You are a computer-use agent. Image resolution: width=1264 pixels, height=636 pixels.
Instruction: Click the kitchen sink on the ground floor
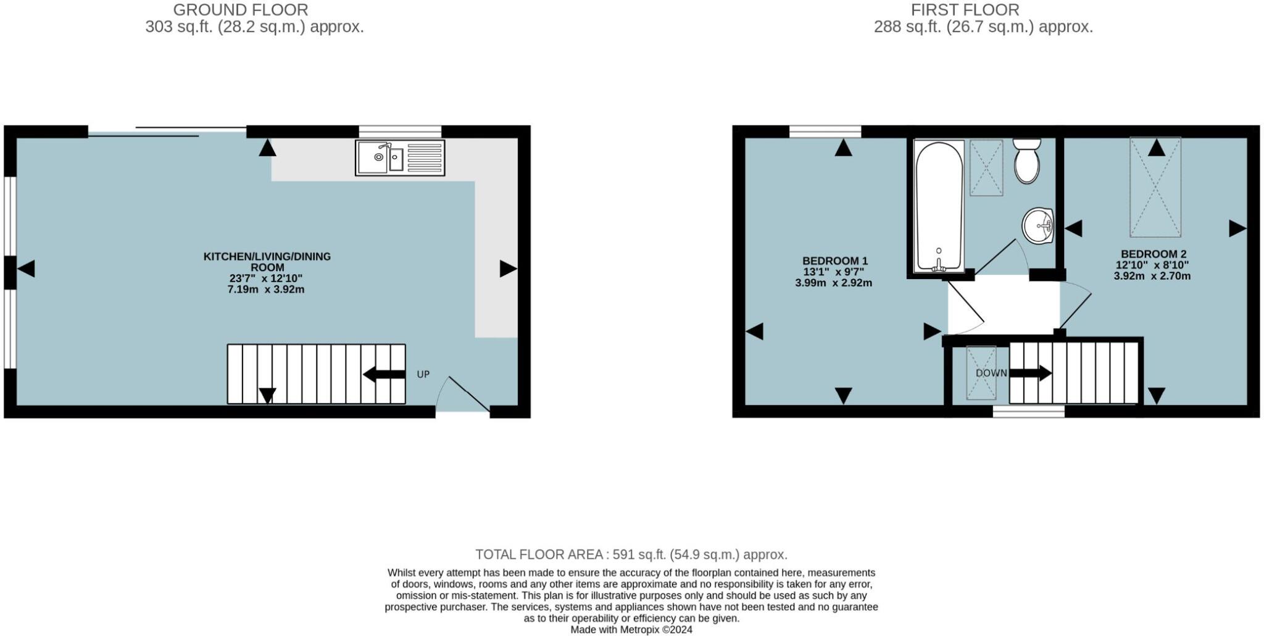point(399,158)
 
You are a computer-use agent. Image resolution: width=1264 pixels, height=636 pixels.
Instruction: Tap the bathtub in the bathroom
point(938,206)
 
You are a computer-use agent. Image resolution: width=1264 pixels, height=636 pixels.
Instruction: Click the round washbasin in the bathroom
point(1038,226)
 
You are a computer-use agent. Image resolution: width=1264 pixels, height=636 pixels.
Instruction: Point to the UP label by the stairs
point(423,374)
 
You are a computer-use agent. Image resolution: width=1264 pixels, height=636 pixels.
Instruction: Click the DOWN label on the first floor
point(991,373)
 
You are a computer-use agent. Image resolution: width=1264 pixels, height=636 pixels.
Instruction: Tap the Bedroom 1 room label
point(834,261)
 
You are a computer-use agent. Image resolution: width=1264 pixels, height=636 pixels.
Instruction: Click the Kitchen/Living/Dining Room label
point(267,261)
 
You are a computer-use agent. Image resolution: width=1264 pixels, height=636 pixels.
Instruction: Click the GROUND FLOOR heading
point(241,10)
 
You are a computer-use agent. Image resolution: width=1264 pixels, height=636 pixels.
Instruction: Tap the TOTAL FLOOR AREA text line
point(631,554)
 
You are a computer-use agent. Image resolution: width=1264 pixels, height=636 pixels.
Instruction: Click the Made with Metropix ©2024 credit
point(631,630)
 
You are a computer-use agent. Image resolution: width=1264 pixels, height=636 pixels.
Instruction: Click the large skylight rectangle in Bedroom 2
point(1155,187)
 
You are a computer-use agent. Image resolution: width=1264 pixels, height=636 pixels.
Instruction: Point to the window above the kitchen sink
point(400,131)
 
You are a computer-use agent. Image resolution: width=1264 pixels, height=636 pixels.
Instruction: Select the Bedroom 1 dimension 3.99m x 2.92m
point(833,283)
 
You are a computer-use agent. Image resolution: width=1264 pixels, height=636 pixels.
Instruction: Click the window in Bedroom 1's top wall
point(825,131)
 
